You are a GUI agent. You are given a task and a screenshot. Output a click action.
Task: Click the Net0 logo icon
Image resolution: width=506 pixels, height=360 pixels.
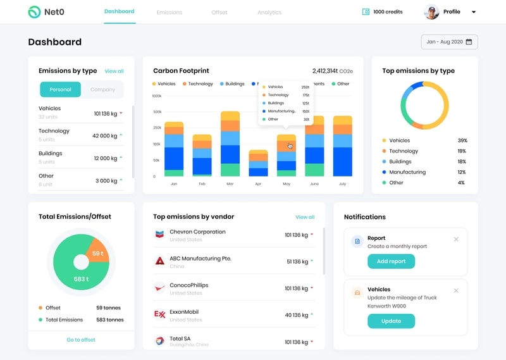click(34, 12)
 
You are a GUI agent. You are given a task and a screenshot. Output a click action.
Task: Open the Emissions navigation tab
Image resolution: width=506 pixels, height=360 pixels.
click(169, 13)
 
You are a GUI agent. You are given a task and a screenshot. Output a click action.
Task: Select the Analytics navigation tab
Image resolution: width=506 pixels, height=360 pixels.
click(269, 13)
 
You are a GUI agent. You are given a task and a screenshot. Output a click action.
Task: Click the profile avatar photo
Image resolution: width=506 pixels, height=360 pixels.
click(431, 12)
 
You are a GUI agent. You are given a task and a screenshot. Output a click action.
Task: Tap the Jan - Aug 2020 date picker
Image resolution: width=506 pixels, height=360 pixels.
click(449, 42)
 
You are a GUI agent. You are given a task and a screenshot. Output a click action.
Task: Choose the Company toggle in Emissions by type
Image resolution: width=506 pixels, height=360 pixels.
click(102, 90)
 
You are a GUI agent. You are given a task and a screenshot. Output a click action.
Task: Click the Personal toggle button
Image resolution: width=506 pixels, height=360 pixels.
click(60, 90)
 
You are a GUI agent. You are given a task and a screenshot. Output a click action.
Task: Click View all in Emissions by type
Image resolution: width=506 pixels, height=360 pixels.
click(114, 71)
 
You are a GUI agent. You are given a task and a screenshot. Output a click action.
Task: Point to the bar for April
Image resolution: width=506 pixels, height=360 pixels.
click(258, 163)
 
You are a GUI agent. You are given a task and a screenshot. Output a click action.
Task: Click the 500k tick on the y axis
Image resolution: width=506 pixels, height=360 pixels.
click(157, 112)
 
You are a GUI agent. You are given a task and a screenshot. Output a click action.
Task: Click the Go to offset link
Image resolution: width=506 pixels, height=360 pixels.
click(81, 340)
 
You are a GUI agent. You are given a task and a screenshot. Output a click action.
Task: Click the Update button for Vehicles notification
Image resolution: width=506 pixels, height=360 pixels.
click(391, 321)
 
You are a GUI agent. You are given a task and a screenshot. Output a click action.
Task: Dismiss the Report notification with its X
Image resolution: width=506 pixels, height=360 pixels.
click(456, 239)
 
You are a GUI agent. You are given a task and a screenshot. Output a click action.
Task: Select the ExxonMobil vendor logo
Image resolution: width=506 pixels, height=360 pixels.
click(160, 314)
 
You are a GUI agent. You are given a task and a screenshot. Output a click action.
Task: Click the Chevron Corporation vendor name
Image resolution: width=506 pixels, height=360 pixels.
click(197, 232)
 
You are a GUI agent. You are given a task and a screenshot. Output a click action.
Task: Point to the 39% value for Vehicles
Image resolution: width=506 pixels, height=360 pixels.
click(461, 140)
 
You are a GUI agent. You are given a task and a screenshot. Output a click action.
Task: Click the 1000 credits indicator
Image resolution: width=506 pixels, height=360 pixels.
click(383, 12)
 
